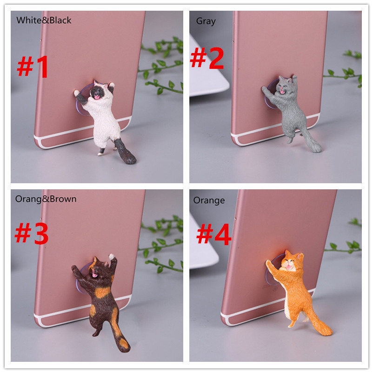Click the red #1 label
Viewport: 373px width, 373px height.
(33, 67)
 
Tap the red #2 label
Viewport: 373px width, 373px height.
(207, 58)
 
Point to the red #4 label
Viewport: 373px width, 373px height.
(213, 234)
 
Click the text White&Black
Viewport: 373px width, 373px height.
(44, 20)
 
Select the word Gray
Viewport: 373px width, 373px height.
(206, 21)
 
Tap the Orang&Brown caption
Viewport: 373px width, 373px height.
(46, 199)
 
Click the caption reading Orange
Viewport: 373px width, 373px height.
(209, 200)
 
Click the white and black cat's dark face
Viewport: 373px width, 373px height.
(97, 92)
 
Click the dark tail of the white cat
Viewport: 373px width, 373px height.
(125, 152)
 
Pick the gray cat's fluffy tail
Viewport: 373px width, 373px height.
(312, 141)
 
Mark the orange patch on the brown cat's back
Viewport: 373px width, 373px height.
(103, 292)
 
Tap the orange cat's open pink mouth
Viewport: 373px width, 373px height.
(289, 267)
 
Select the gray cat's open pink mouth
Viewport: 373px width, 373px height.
(282, 91)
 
